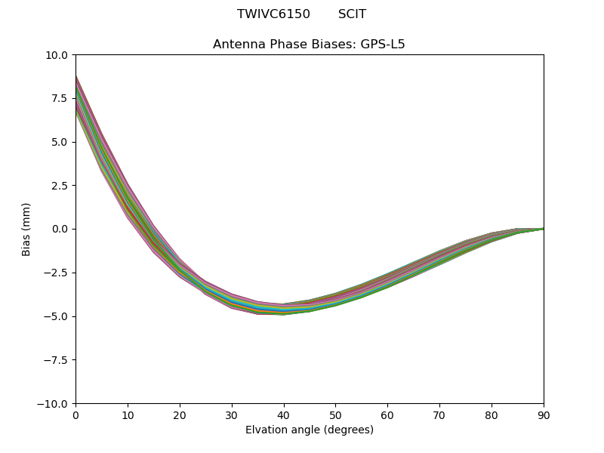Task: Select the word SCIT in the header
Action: (352, 14)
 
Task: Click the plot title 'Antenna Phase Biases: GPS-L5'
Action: (309, 45)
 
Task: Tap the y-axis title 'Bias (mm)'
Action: (26, 229)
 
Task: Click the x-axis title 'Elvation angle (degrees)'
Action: (309, 430)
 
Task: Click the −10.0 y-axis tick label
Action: (54, 404)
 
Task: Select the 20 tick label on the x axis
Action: (180, 415)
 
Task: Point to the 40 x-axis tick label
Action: (284, 415)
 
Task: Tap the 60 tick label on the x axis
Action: (387, 415)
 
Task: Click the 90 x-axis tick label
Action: (544, 415)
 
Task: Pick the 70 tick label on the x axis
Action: (439, 415)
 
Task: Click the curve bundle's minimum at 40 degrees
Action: (284, 309)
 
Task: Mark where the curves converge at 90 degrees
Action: (543, 229)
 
